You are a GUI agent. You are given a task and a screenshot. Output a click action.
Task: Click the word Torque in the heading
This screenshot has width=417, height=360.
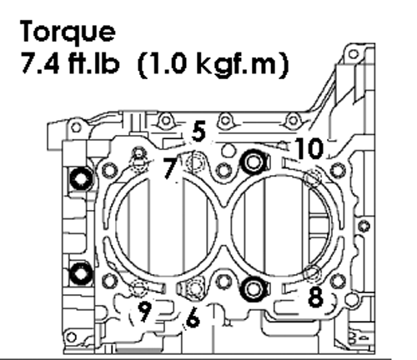click(68, 32)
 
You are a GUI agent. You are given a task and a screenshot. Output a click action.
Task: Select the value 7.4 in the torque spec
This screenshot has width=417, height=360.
click(40, 63)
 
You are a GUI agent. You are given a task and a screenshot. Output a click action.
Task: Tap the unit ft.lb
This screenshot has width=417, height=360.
click(93, 63)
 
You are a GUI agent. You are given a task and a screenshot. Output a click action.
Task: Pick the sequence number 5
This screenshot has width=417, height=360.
click(199, 131)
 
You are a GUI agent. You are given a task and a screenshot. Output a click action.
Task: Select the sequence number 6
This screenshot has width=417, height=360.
click(193, 318)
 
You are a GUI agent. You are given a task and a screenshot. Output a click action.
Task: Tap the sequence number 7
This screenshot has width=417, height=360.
click(170, 168)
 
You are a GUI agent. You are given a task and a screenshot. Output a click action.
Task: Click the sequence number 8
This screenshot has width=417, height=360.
click(316, 297)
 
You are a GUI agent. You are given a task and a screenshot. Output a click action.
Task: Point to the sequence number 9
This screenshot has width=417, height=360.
click(145, 312)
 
